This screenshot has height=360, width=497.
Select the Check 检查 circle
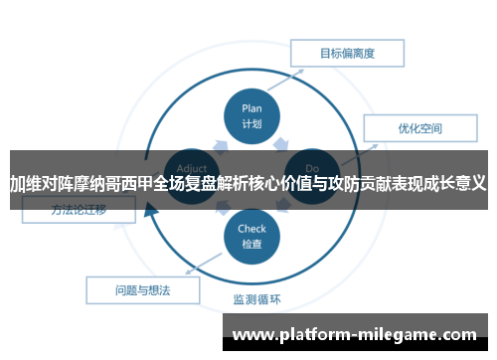pos(251,237)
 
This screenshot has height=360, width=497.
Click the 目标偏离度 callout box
pos(346,54)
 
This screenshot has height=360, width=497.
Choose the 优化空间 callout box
pos(419,128)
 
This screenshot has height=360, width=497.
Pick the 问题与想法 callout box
pos(143,289)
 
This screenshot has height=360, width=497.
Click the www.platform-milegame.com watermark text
pos(362,335)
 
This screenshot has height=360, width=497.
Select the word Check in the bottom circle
pos(251,229)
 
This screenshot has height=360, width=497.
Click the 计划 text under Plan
pos(251,124)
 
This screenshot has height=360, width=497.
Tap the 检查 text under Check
pos(251,244)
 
